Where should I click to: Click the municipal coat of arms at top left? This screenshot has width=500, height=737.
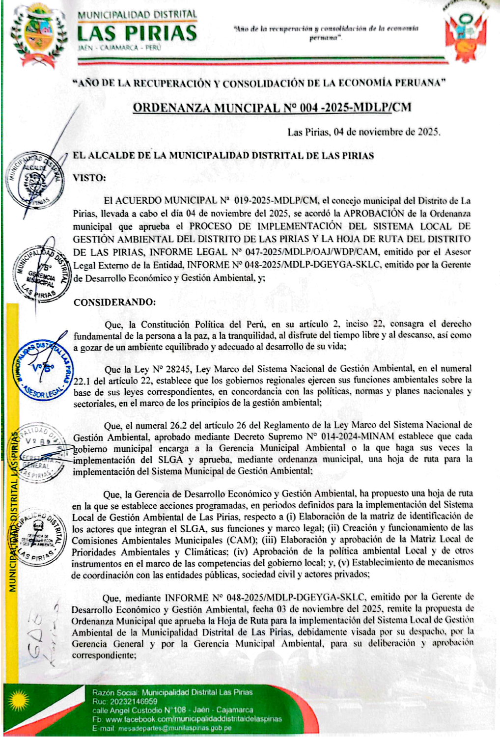(x=39, y=35)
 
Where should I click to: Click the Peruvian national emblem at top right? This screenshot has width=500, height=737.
(x=466, y=31)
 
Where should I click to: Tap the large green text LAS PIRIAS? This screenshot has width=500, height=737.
(x=137, y=33)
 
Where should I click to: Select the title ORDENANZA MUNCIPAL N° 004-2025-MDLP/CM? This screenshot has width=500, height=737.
(x=272, y=108)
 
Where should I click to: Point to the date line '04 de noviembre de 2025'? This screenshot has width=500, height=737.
(x=363, y=132)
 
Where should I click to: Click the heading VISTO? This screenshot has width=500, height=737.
(x=89, y=178)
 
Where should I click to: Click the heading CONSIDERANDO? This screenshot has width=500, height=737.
(x=114, y=302)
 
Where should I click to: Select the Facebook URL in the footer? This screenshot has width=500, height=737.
(x=194, y=719)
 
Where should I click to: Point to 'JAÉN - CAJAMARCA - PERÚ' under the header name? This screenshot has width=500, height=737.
(x=119, y=48)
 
